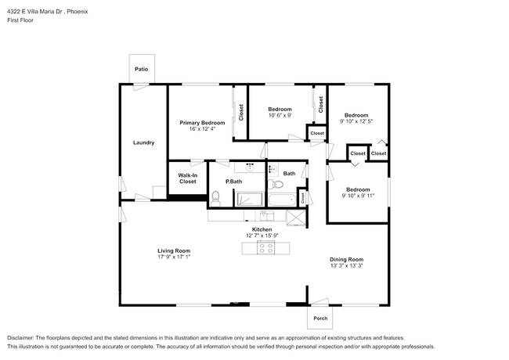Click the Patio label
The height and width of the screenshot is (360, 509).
pyautogui.click(x=141, y=70)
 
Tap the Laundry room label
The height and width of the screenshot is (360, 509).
pyautogui.click(x=143, y=142)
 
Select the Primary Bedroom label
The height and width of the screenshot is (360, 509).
pyautogui.click(x=202, y=123)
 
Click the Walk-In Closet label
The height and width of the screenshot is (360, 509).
pyautogui.click(x=187, y=178)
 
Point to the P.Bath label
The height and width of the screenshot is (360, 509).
pyautogui.click(x=233, y=182)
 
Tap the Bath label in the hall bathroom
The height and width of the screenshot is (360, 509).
pyautogui.click(x=289, y=173)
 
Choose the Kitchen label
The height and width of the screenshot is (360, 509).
pyautogui.click(x=262, y=229)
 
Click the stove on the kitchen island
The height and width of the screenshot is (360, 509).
pyautogui.click(x=266, y=249)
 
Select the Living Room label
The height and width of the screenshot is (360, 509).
pyautogui.click(x=174, y=250)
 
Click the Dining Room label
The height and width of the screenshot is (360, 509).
pyautogui.click(x=347, y=259)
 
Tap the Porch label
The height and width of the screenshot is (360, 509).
pyautogui.click(x=320, y=319)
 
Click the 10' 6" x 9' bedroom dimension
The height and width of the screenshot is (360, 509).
pyautogui.click(x=280, y=116)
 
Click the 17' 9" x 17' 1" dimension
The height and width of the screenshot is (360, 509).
pyautogui.click(x=174, y=257)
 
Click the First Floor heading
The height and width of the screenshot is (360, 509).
pyautogui.click(x=22, y=21)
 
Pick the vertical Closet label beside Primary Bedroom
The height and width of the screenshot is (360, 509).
pyautogui.click(x=241, y=113)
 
